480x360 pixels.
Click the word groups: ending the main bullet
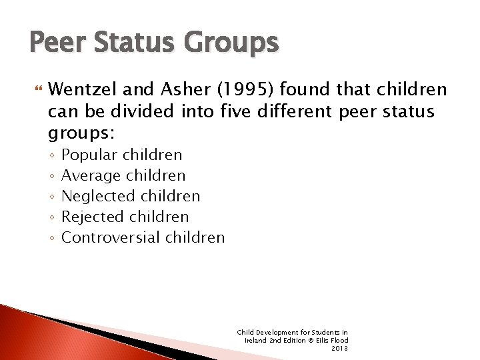[x=81, y=134]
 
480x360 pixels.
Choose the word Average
[x=90, y=176]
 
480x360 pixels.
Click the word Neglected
[x=97, y=196]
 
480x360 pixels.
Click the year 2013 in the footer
[x=339, y=348]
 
